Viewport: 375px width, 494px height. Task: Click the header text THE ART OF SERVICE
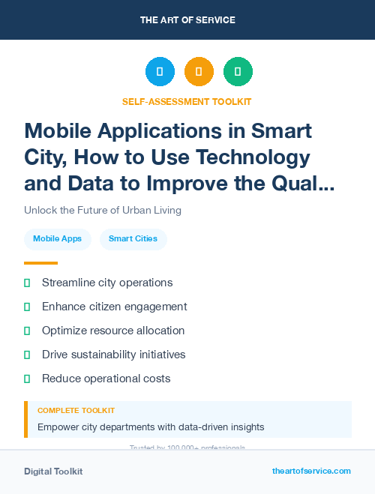click(187, 19)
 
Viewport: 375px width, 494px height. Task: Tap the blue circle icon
click(160, 72)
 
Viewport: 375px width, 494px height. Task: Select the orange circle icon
click(199, 72)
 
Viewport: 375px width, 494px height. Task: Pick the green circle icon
click(238, 72)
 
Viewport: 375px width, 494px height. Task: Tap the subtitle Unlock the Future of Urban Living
click(103, 210)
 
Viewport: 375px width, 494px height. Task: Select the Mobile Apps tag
click(58, 239)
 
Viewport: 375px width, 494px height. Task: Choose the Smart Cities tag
click(133, 239)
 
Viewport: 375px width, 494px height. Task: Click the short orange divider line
click(40, 263)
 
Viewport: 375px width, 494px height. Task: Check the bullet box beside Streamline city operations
click(27, 283)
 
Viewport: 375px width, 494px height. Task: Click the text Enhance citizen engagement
click(114, 307)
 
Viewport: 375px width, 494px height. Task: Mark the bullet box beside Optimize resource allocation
click(27, 331)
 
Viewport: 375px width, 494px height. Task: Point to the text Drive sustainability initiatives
click(113, 355)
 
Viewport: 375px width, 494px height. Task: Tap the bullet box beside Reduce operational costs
click(27, 379)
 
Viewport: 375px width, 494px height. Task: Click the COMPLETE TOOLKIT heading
click(76, 411)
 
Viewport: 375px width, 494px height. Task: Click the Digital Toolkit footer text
click(53, 471)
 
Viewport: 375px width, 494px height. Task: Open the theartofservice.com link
click(311, 471)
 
